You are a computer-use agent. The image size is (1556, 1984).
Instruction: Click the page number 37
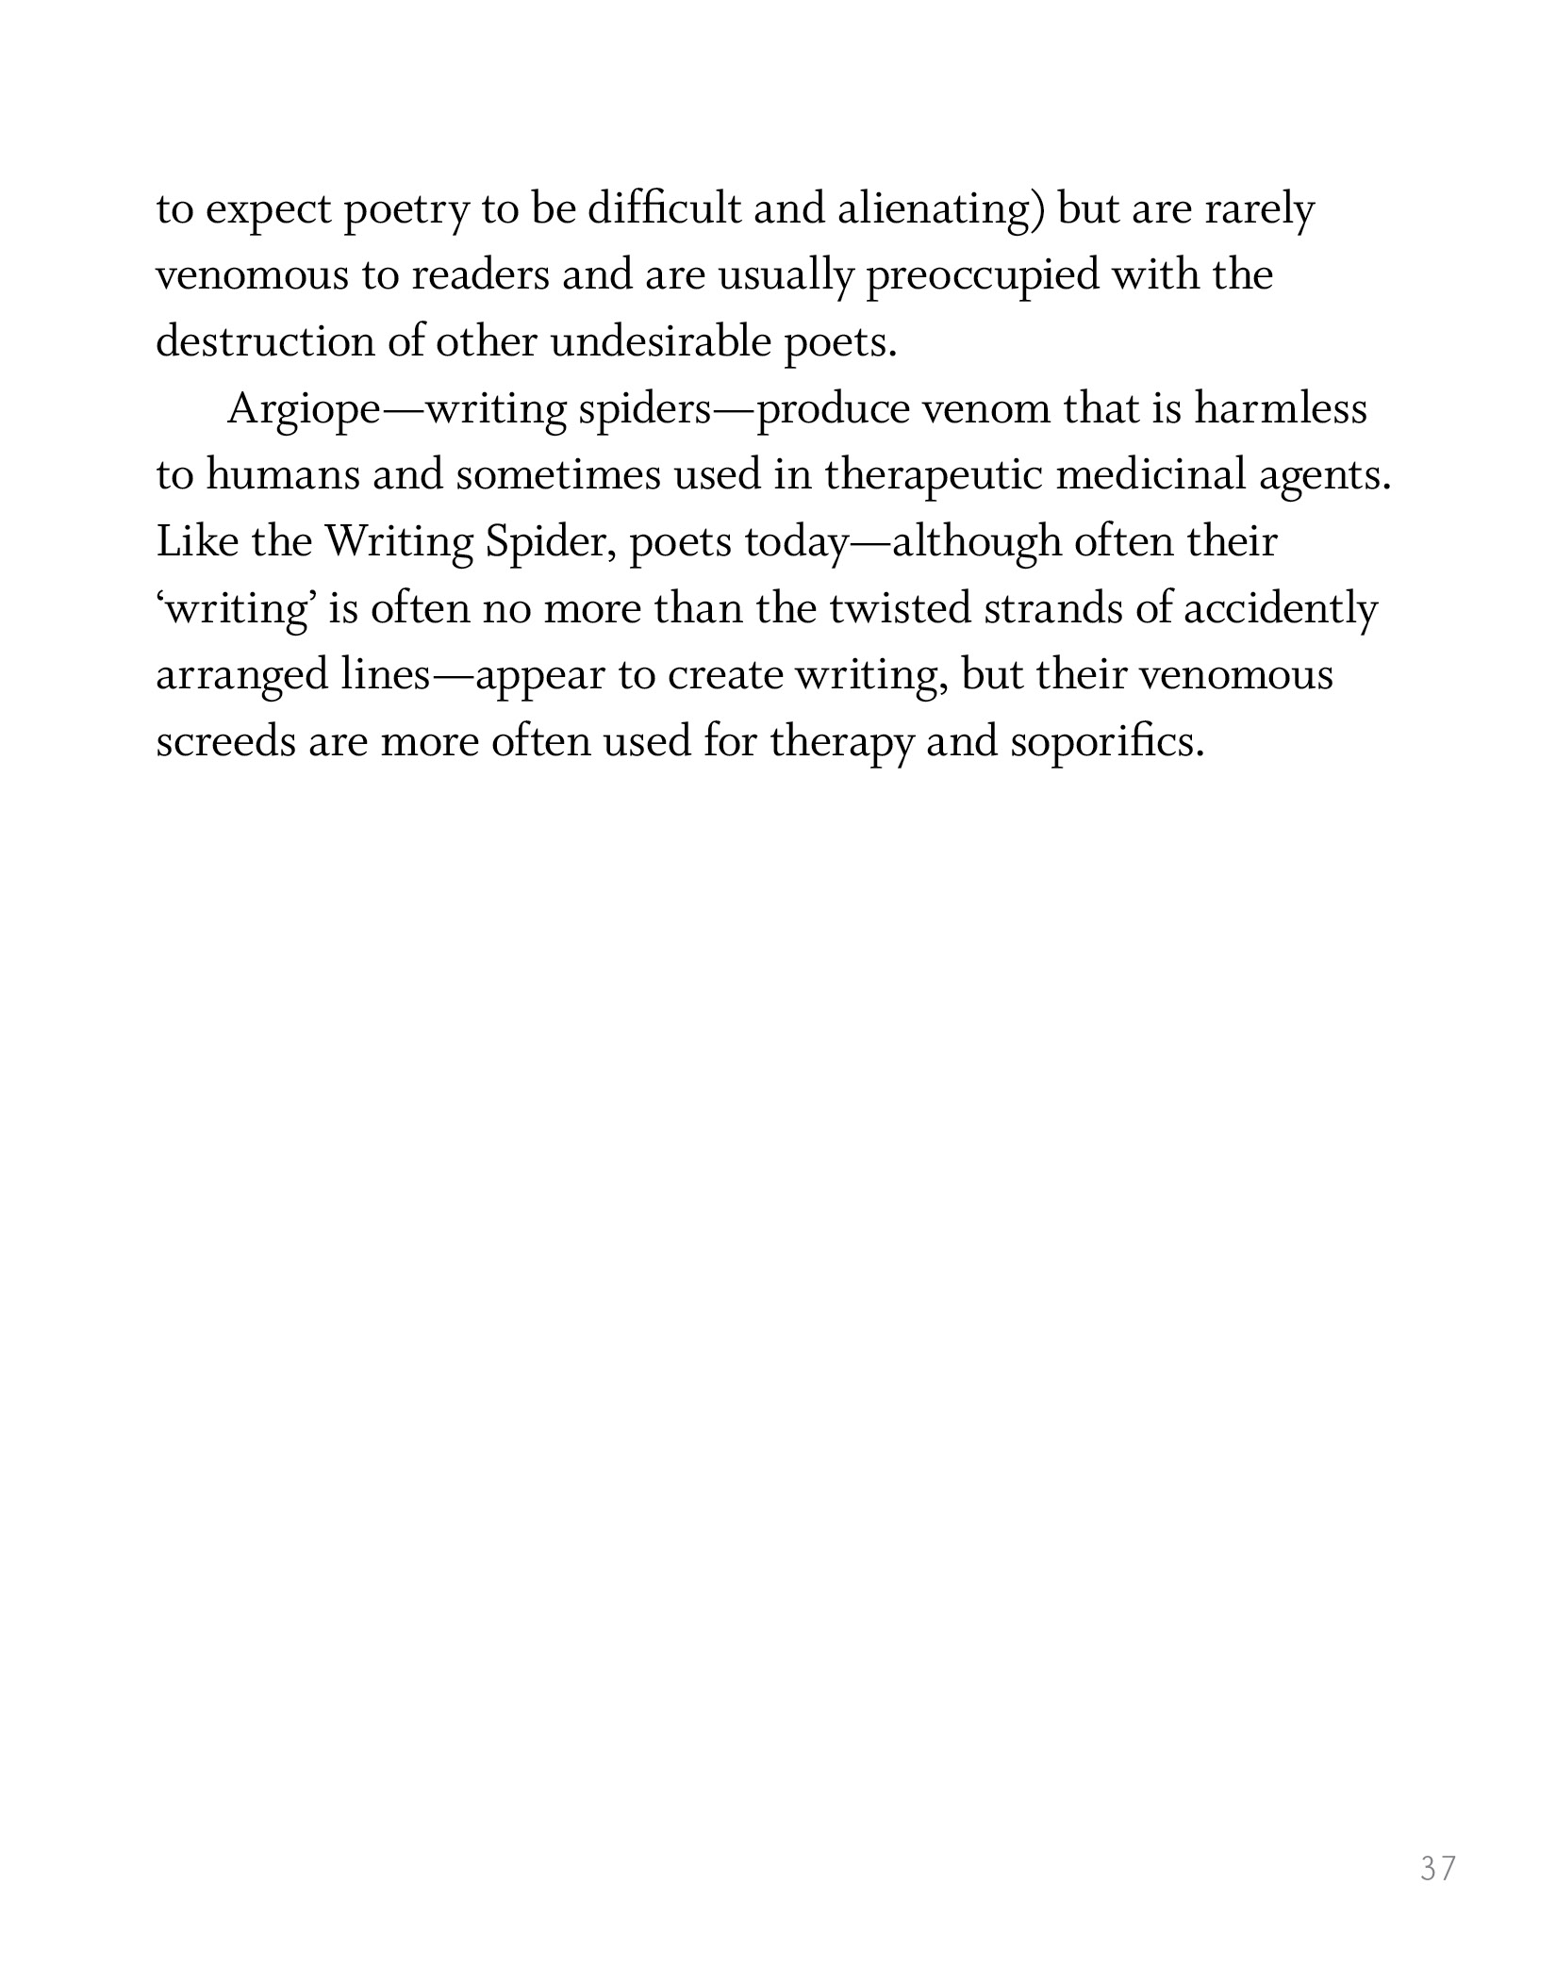coord(1438,1868)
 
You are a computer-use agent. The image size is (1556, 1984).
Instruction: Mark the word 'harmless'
coord(1281,408)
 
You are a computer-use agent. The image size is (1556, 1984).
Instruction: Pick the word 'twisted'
coord(900,608)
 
